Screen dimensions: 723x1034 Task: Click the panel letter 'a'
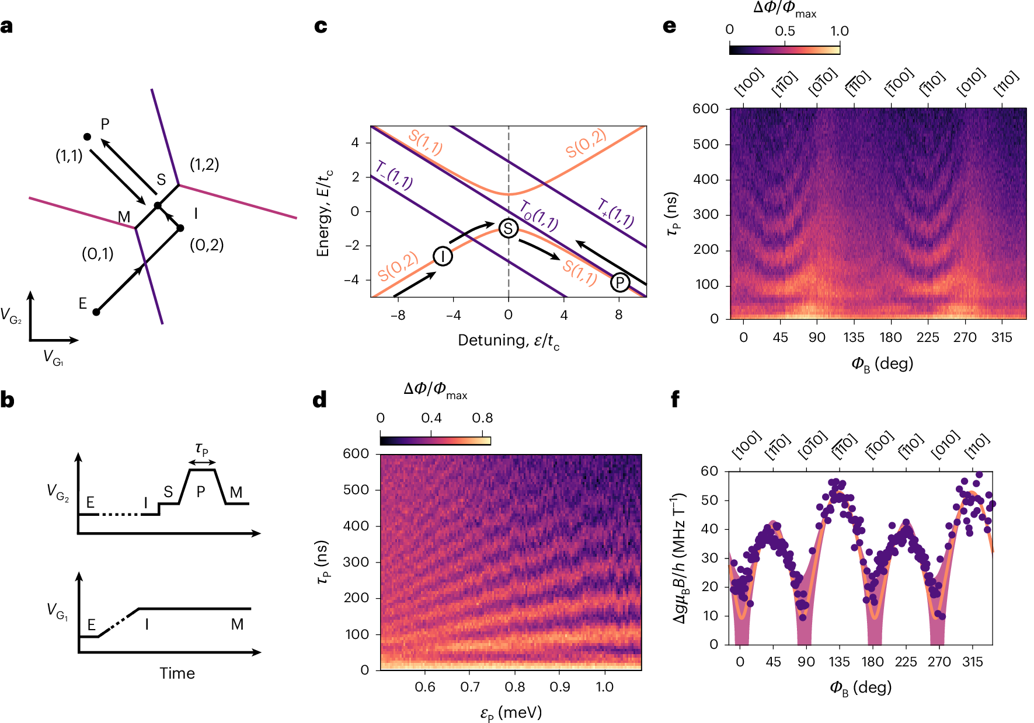(x=6, y=27)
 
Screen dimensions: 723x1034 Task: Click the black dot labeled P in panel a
(x=87, y=137)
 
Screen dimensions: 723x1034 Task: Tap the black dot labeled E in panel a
(x=96, y=312)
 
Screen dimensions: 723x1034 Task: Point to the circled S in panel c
(x=509, y=228)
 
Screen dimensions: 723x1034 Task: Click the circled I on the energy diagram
(x=443, y=256)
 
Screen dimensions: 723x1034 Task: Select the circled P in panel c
(x=619, y=283)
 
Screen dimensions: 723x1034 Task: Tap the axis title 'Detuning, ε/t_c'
(x=508, y=341)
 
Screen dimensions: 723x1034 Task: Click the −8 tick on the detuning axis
(x=398, y=315)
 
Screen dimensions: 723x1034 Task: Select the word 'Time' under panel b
(x=177, y=673)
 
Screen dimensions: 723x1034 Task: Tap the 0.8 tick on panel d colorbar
(x=482, y=418)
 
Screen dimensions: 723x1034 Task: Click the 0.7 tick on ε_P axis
(x=470, y=687)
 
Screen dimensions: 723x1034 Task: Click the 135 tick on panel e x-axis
(x=854, y=337)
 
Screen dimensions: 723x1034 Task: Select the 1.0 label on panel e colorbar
(x=839, y=31)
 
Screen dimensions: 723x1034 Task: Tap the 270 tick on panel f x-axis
(x=939, y=662)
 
